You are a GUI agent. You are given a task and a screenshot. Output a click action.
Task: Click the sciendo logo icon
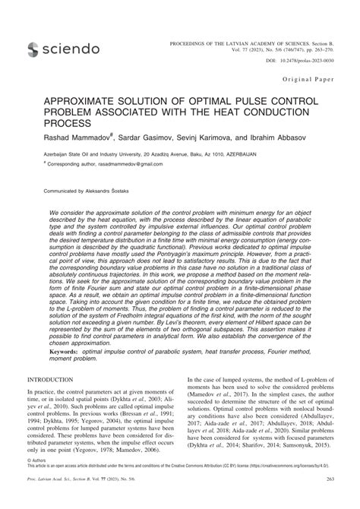pyautogui.click(x=32, y=49)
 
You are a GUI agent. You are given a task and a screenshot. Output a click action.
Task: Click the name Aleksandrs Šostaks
pyautogui.click(x=109, y=182)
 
